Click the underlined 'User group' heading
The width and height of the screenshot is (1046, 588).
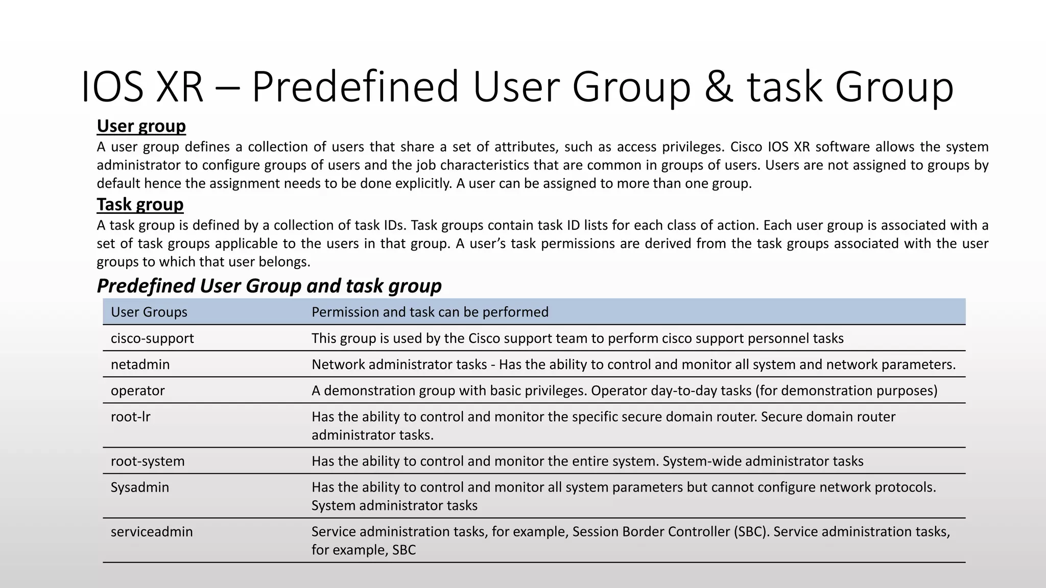pos(141,126)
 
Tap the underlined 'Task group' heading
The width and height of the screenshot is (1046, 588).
pos(140,204)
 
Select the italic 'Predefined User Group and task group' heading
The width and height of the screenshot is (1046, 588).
pos(269,286)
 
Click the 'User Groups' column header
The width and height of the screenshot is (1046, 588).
pos(149,312)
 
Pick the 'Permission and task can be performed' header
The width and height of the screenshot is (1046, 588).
pos(430,312)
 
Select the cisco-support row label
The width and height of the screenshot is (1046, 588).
pos(152,338)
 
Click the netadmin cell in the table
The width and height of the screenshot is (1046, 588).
pos(140,364)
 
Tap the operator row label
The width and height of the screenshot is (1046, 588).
pos(137,390)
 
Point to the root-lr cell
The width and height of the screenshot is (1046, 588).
pos(130,416)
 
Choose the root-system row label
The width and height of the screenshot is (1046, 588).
pos(148,461)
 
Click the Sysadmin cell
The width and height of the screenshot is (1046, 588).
pos(139,487)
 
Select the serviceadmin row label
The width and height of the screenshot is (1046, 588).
pos(152,531)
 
